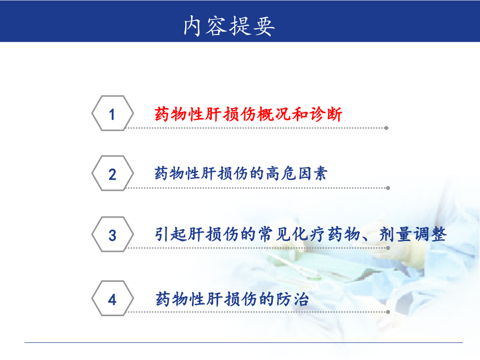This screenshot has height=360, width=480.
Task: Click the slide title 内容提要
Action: click(229, 26)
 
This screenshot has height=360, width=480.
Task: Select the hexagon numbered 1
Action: click(112, 113)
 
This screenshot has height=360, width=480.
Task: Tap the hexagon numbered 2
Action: click(112, 173)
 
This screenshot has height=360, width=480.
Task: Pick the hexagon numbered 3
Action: click(112, 234)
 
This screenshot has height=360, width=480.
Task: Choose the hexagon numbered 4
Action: click(112, 298)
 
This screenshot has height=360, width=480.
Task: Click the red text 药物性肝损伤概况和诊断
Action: click(248, 114)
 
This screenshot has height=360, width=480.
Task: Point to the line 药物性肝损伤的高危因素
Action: click(241, 173)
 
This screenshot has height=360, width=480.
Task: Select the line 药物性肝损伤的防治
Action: click(232, 299)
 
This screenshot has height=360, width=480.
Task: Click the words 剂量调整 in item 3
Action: click(413, 234)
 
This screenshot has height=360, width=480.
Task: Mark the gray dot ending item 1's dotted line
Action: click(386, 128)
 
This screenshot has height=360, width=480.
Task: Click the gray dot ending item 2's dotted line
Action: click(388, 188)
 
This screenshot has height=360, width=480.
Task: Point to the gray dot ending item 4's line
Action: click(388, 312)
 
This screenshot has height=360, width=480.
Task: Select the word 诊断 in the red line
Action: click(326, 114)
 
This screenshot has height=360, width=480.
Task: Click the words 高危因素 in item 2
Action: click(297, 173)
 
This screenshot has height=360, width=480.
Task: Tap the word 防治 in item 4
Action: click(292, 299)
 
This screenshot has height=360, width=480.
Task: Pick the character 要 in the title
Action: click(263, 26)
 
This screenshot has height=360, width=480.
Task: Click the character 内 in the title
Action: click(192, 26)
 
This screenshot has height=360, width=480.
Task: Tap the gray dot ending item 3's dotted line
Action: click(388, 248)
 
